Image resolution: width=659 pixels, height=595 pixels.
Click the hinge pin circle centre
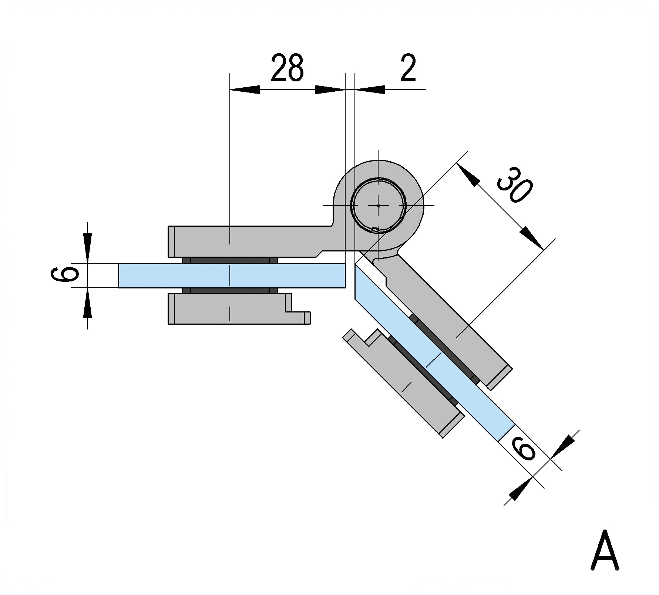coord(378,205)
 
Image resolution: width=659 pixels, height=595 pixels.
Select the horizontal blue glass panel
coord(231,275)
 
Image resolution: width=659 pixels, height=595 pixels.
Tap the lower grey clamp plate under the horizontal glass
coord(229,309)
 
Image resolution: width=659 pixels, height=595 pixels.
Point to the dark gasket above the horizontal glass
coord(230,260)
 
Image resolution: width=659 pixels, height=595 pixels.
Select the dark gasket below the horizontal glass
coord(230,290)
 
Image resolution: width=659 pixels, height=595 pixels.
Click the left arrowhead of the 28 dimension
coord(244,89)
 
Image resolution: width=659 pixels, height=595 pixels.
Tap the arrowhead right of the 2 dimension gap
coord(370,89)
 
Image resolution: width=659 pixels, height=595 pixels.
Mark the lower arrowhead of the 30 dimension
coord(532,239)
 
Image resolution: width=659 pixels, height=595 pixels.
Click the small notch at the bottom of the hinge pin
coord(375,230)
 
